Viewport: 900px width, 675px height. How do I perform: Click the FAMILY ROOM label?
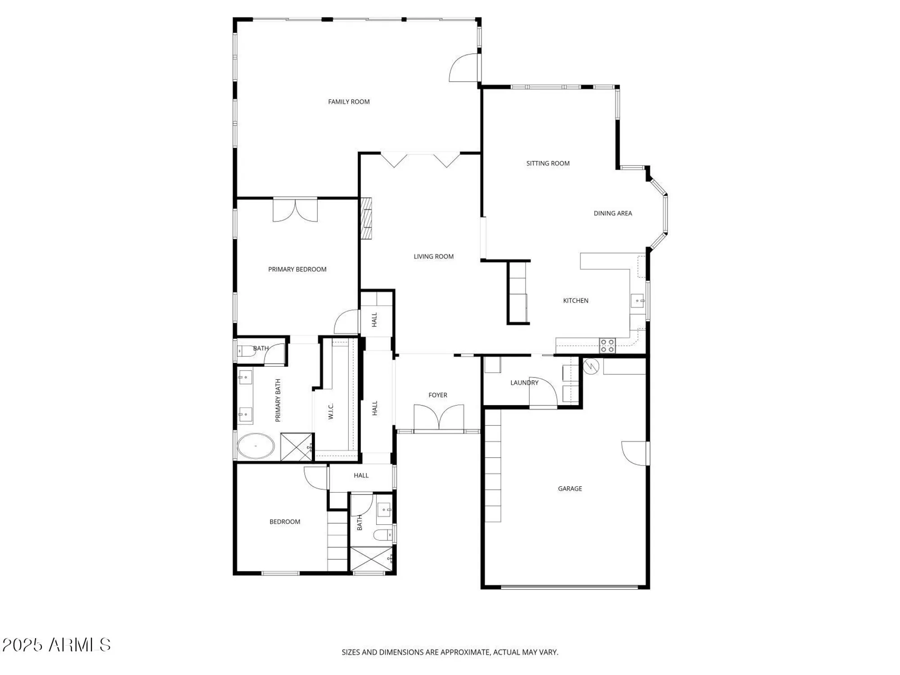click(349, 102)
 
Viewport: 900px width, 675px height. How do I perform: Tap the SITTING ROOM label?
click(548, 163)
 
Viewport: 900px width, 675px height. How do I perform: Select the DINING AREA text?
click(612, 213)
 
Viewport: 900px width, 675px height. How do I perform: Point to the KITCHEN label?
click(576, 301)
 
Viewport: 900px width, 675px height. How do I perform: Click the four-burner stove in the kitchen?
click(607, 346)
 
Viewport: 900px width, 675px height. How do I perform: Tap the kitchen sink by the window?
click(637, 301)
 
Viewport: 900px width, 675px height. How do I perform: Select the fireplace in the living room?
click(366, 218)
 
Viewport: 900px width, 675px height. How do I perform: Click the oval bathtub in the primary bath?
click(256, 446)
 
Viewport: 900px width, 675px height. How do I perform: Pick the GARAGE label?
click(570, 489)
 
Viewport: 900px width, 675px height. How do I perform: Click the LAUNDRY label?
click(524, 383)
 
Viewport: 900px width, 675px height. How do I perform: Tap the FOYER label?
click(437, 395)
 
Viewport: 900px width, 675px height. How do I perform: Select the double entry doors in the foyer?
click(439, 418)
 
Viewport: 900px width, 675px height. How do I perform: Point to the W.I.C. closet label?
click(331, 411)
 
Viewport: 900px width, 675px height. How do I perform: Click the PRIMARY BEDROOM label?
click(297, 270)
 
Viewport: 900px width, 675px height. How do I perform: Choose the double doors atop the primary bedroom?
click(295, 210)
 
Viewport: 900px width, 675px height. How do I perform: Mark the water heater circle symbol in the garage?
click(591, 367)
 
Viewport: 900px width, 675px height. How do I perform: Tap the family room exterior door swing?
click(464, 68)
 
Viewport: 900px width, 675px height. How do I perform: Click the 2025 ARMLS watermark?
click(56, 645)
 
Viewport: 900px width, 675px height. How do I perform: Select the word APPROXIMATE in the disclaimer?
click(465, 652)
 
